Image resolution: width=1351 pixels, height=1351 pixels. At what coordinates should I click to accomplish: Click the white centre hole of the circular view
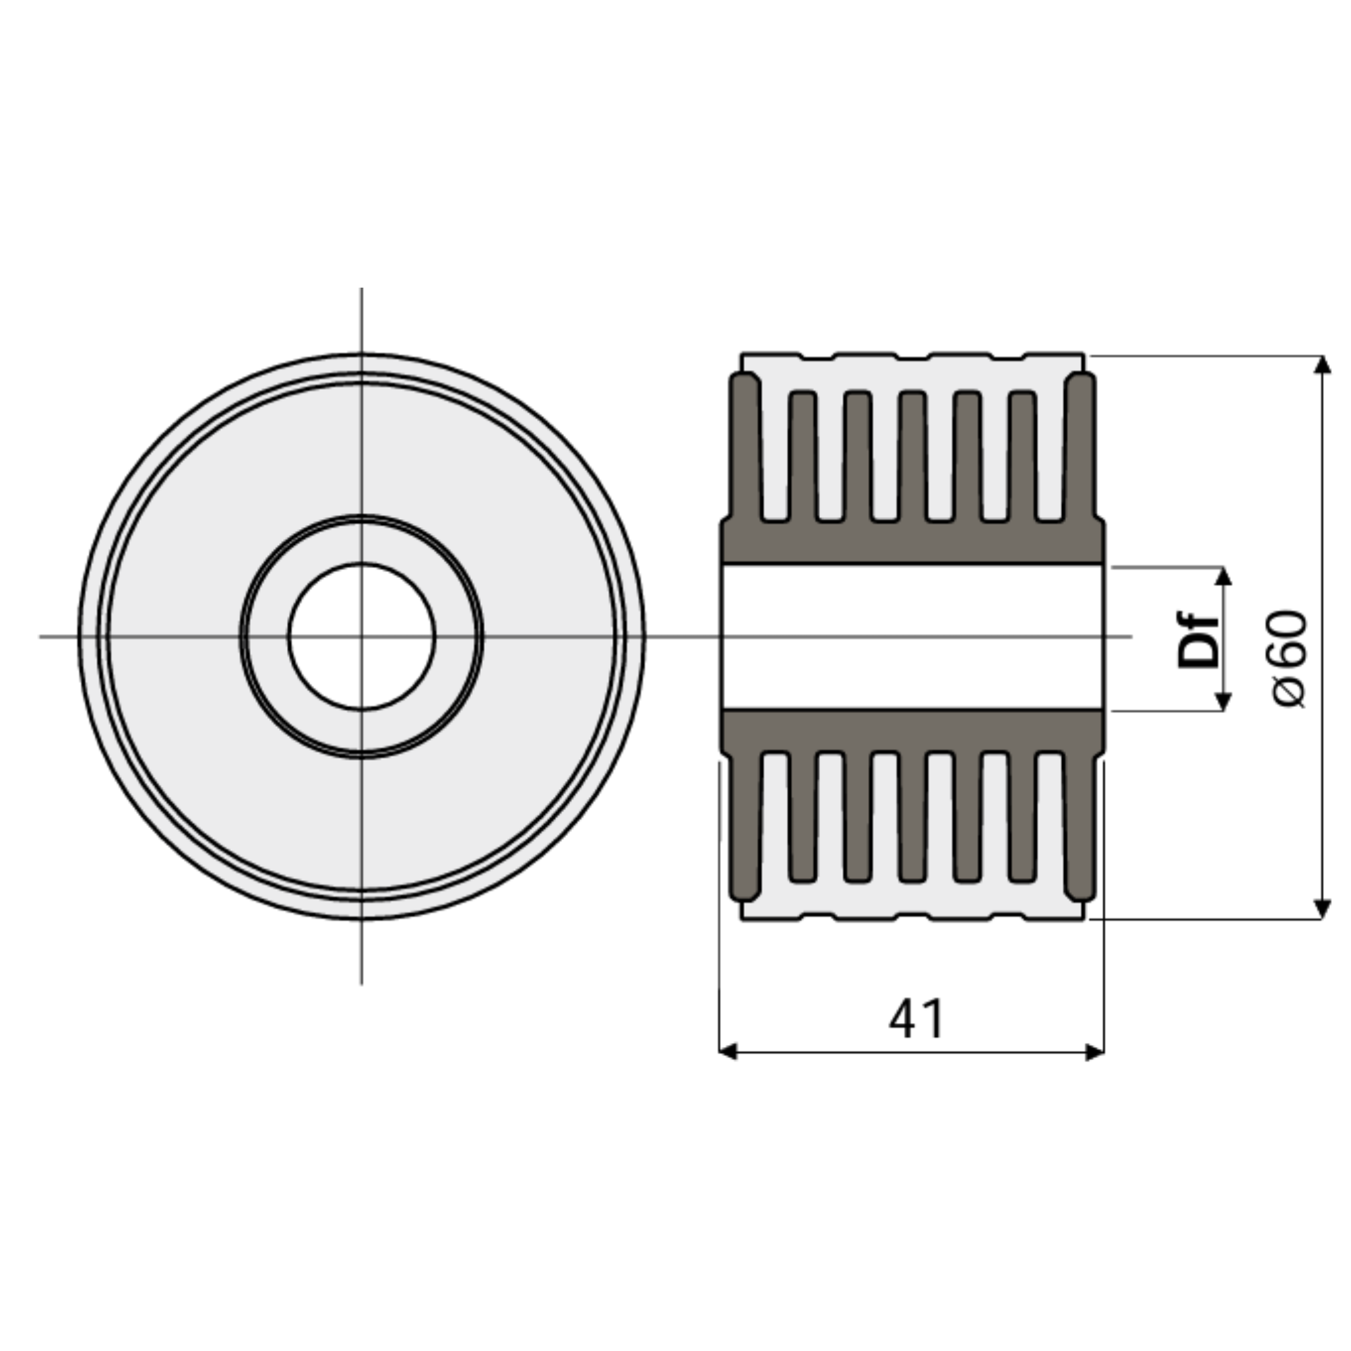(361, 637)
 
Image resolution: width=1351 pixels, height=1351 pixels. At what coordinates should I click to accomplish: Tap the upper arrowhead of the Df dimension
(1223, 576)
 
